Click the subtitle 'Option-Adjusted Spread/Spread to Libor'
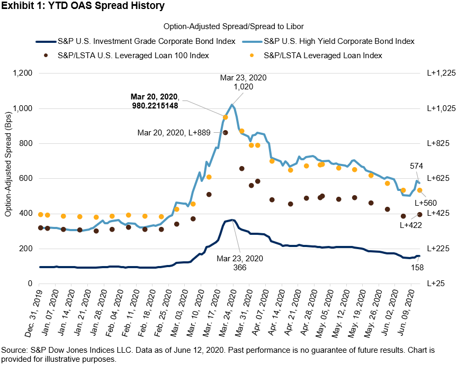tap(229, 25)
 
